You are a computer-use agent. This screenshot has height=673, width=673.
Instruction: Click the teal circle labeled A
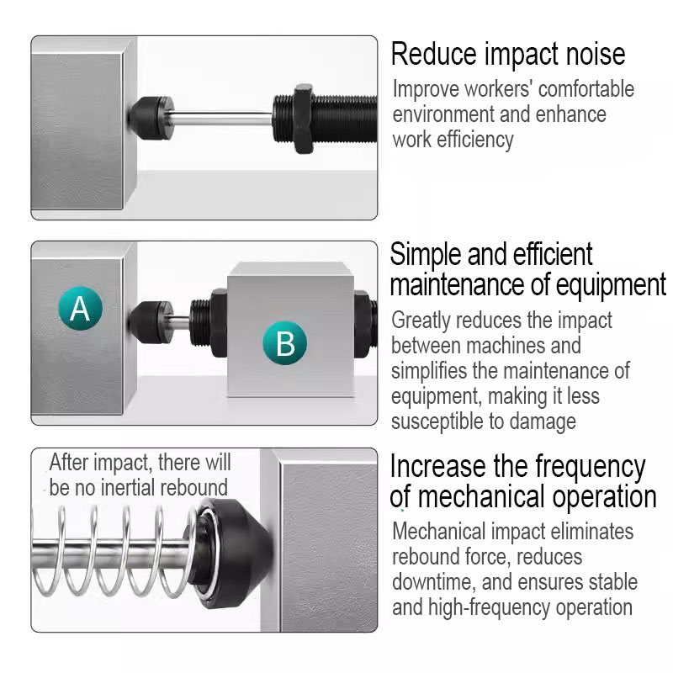click(x=80, y=308)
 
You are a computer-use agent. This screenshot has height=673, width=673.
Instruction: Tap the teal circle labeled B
click(x=285, y=343)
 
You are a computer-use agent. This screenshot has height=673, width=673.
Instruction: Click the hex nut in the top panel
click(x=304, y=119)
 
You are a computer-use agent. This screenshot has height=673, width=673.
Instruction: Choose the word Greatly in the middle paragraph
click(x=421, y=321)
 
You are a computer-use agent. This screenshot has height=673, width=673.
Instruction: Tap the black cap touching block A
click(x=149, y=322)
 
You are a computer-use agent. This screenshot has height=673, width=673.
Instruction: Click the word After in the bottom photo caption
click(x=69, y=463)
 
